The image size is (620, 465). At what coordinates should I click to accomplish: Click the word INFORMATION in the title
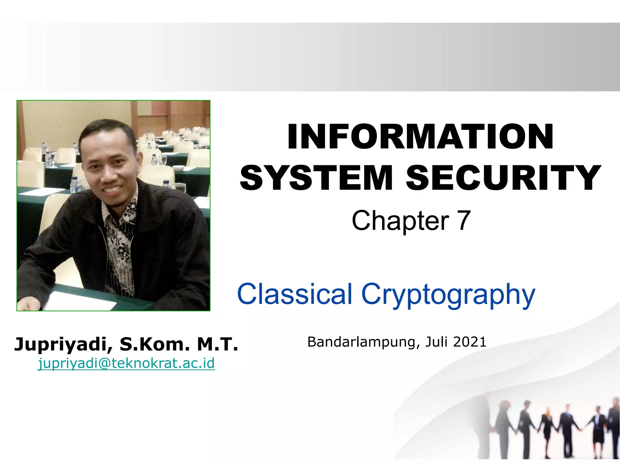coord(420,137)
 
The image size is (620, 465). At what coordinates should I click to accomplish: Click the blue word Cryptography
coord(448,295)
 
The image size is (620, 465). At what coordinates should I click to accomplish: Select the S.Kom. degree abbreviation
coord(155,345)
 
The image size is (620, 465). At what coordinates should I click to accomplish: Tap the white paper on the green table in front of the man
coord(80,301)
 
